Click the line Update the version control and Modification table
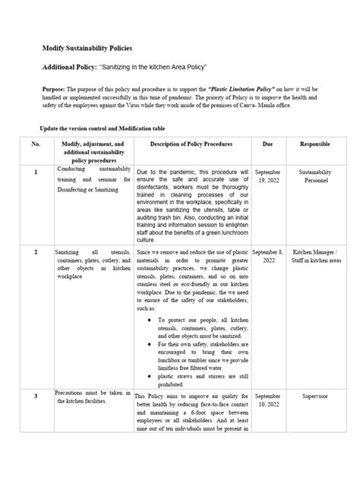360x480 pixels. pyautogui.click(x=102, y=128)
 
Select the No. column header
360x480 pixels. pyautogui.click(x=35, y=144)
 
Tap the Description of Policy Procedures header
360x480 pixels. pyautogui.click(x=191, y=144)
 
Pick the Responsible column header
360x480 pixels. pyautogui.click(x=314, y=143)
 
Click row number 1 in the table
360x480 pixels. pyautogui.click(x=35, y=172)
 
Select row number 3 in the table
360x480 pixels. pyautogui.click(x=35, y=396)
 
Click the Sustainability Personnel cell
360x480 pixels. pyautogui.click(x=314, y=177)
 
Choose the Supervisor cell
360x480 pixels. pyautogui.click(x=314, y=396)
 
